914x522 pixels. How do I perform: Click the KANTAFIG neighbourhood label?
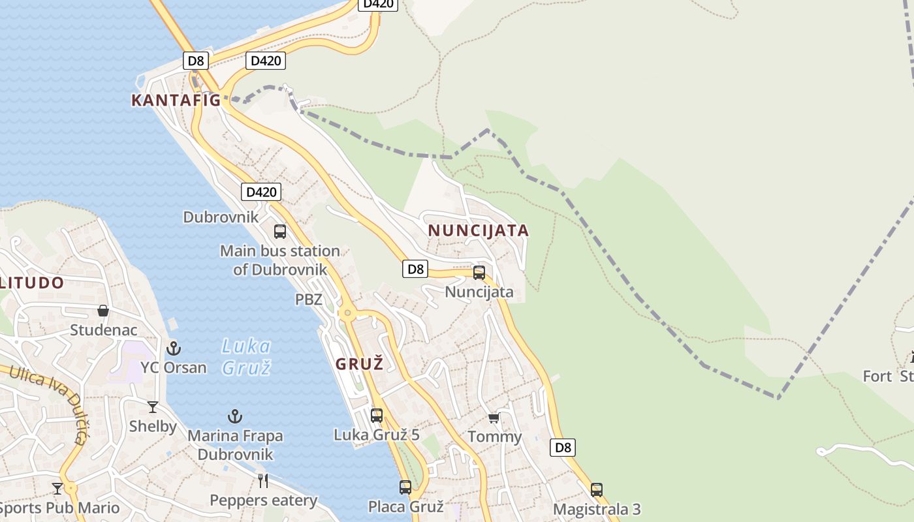tap(176, 100)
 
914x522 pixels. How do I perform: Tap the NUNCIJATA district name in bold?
tap(478, 230)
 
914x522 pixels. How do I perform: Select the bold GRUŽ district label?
tap(359, 364)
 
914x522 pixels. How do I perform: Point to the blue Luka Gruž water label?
tap(246, 356)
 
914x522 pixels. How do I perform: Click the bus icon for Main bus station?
tap(280, 232)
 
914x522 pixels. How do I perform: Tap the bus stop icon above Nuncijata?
tap(479, 273)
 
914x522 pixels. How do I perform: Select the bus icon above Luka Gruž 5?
tap(377, 415)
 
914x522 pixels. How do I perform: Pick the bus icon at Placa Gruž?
tap(405, 487)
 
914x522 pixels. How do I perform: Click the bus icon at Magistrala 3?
tap(597, 489)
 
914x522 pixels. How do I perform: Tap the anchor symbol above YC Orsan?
tap(174, 348)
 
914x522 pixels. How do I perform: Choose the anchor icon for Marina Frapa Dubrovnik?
tap(235, 416)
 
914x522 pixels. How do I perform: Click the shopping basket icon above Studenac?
tap(103, 311)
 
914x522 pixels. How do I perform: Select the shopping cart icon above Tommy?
tap(494, 418)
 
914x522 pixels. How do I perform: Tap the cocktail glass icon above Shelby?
tap(153, 407)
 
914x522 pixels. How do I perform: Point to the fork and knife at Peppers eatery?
tap(263, 481)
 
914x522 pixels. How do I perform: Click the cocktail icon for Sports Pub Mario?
tap(57, 488)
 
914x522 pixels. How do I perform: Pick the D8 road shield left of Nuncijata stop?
tap(415, 268)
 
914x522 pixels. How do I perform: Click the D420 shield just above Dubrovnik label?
tap(261, 192)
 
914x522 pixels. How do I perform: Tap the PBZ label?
tap(309, 299)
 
